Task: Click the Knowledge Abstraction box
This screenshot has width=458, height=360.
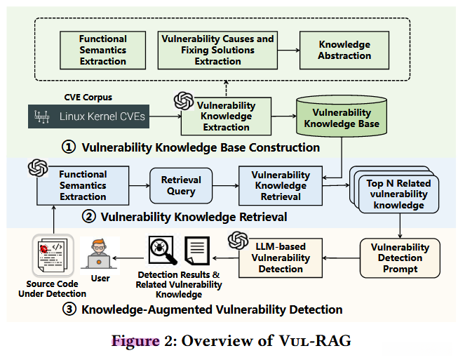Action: tap(344, 51)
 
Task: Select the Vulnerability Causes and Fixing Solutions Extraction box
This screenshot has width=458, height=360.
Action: tap(217, 51)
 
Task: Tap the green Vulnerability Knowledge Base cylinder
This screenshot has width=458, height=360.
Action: tap(342, 116)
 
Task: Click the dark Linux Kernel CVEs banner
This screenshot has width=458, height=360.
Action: tap(88, 116)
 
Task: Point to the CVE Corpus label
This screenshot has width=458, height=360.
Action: tap(88, 98)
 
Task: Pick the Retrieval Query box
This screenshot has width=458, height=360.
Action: tap(181, 185)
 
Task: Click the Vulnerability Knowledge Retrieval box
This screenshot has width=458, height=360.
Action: tap(281, 185)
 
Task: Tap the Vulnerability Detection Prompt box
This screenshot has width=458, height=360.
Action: tap(400, 258)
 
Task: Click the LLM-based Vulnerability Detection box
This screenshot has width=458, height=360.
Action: tap(281, 258)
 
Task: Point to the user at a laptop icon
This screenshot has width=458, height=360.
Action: tap(100, 253)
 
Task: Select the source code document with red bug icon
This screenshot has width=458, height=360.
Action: tap(53, 255)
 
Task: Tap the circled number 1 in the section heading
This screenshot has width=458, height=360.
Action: tap(69, 147)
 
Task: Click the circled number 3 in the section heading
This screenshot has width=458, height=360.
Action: tap(69, 309)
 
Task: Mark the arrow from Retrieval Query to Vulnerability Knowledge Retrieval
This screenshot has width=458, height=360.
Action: tap(226, 185)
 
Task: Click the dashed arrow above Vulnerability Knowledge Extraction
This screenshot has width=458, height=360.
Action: tap(226, 88)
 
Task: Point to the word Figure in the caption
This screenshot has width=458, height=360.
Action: tap(135, 341)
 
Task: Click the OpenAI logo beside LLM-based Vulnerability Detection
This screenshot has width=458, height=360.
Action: tap(238, 241)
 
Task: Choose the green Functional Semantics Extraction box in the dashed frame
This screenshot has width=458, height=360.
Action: tap(103, 51)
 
